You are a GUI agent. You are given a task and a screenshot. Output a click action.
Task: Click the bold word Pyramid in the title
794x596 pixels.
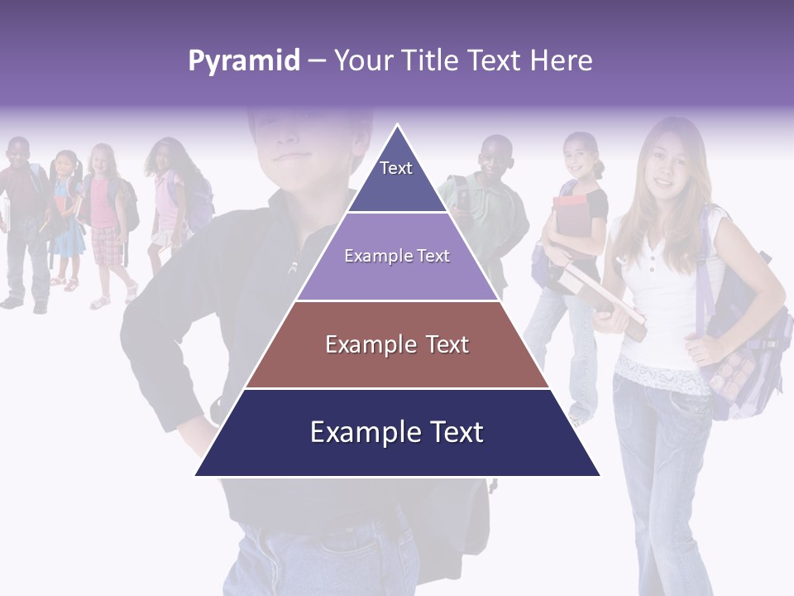point(243,60)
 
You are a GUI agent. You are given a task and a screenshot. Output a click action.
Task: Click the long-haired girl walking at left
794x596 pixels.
point(170,199)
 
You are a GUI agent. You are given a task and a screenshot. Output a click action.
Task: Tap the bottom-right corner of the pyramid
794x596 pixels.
point(600,476)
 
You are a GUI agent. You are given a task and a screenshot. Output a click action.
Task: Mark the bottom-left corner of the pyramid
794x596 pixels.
point(195,476)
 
